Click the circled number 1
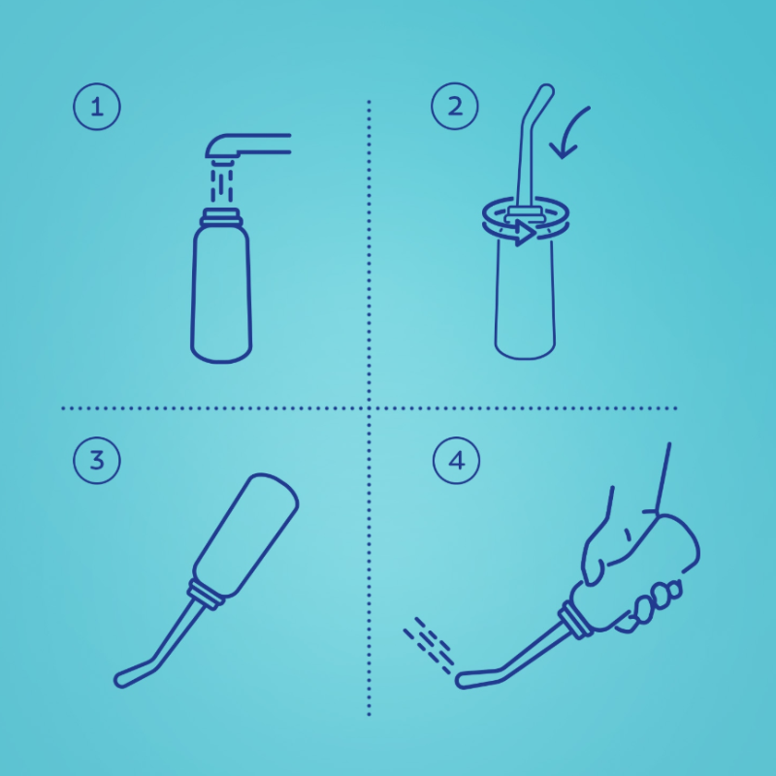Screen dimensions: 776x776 coord(97,107)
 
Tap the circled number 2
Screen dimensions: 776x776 coord(455,107)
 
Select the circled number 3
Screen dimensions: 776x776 coord(97,460)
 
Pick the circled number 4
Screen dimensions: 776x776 coord(456,460)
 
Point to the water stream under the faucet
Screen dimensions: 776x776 coord(222,185)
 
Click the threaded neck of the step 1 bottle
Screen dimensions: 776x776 coord(221,216)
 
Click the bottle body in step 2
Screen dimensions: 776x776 coord(525,297)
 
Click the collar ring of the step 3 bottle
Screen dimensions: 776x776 coord(206,595)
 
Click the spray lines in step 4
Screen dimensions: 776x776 coord(429,645)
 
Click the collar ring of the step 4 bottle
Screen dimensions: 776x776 coord(575,620)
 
